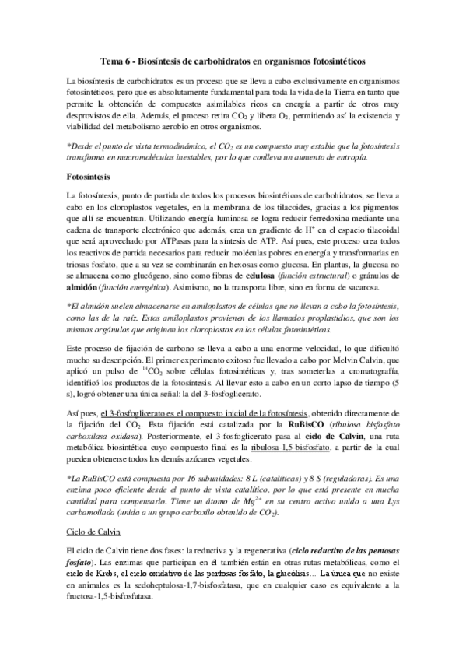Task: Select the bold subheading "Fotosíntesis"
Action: pos(90,177)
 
